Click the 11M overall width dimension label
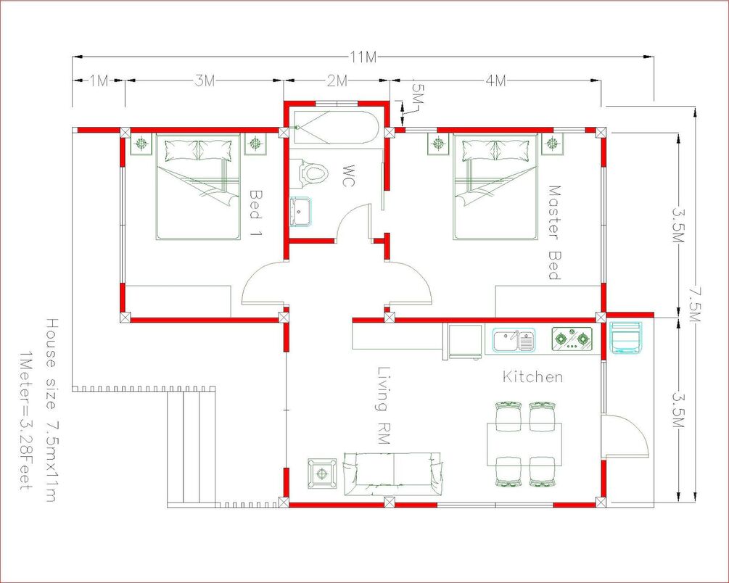click(x=364, y=57)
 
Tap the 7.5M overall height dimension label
click(x=695, y=304)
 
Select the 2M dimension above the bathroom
click(x=337, y=81)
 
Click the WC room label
click(x=347, y=175)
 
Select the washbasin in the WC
click(x=300, y=212)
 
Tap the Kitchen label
click(x=533, y=376)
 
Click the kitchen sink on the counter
click(x=514, y=340)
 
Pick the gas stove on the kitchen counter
click(x=572, y=339)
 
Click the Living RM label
click(x=382, y=405)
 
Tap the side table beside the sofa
click(x=322, y=474)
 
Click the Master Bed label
click(x=555, y=233)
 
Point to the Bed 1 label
click(x=256, y=212)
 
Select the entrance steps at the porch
click(x=192, y=447)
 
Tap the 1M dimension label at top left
click(x=99, y=81)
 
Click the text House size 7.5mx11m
click(x=51, y=410)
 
